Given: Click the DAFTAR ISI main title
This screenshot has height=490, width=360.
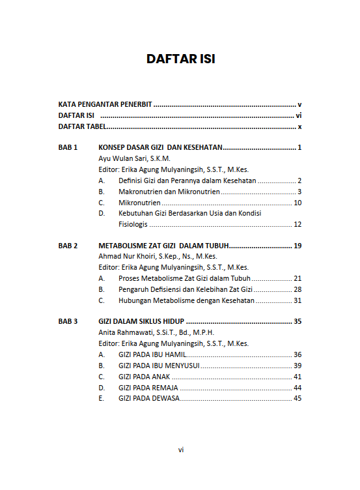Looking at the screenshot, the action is coord(180,59).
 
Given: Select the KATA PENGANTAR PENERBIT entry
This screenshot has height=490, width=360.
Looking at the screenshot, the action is coord(105,104).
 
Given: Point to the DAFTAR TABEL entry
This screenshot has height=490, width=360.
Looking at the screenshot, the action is coord(83,127).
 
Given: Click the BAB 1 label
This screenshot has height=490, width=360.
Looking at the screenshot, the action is coord(68,148).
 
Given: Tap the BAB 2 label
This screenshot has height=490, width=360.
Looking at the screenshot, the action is coord(68,246).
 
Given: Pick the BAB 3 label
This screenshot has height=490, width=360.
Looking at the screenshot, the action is coord(68,321).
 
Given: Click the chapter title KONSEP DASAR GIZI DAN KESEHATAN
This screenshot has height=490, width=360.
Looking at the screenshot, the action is coord(160,148).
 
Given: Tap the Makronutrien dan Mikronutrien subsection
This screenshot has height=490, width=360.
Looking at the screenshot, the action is coord(169,192).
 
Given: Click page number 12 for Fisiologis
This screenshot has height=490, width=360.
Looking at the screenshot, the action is coord(298,224).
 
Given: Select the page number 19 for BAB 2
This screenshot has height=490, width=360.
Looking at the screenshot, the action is coord(298,246).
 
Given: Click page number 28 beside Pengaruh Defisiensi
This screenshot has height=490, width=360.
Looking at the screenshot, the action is coord(298,289).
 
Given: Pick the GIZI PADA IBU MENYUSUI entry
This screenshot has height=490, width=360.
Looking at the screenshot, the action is coord(159,366).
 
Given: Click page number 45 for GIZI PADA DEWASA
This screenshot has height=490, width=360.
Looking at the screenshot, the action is coord(298,398).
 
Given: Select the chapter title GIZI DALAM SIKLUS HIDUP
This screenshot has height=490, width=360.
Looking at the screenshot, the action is coord(141,321).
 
